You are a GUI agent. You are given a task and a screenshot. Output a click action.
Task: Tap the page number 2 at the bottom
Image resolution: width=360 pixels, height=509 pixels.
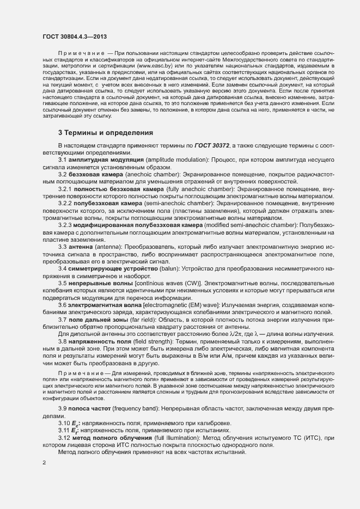coord(44,463)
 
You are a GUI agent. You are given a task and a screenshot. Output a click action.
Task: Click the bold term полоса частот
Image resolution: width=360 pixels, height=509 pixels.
coord(90,408)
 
